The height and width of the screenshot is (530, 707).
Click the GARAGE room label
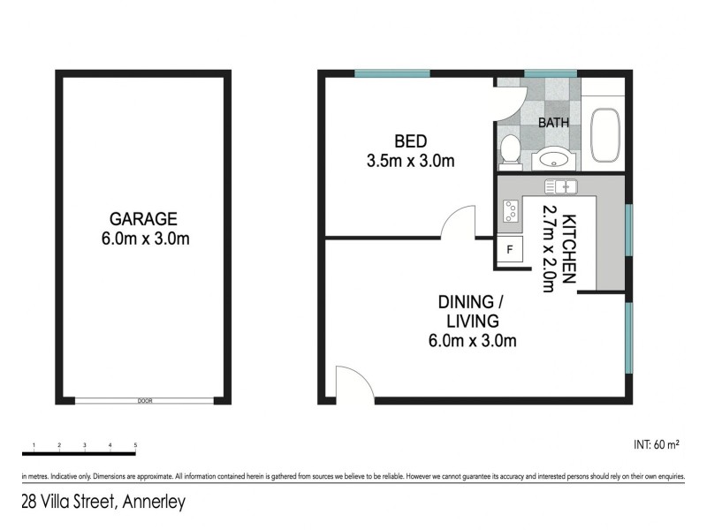[143, 218]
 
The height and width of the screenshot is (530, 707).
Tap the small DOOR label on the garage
[145, 401]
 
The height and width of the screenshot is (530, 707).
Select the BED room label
[411, 141]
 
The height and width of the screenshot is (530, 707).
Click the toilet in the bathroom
[510, 150]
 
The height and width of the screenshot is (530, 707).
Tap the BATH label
[554, 123]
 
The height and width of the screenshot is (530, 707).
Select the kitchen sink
[560, 185]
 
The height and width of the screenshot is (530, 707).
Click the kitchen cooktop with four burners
[510, 211]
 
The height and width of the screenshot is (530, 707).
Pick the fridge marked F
[509, 249]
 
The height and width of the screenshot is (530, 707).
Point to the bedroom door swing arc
[458, 222]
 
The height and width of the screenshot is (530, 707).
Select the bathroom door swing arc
[511, 101]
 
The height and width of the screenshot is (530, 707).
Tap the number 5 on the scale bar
[135, 445]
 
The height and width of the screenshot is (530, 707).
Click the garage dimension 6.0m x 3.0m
[143, 238]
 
